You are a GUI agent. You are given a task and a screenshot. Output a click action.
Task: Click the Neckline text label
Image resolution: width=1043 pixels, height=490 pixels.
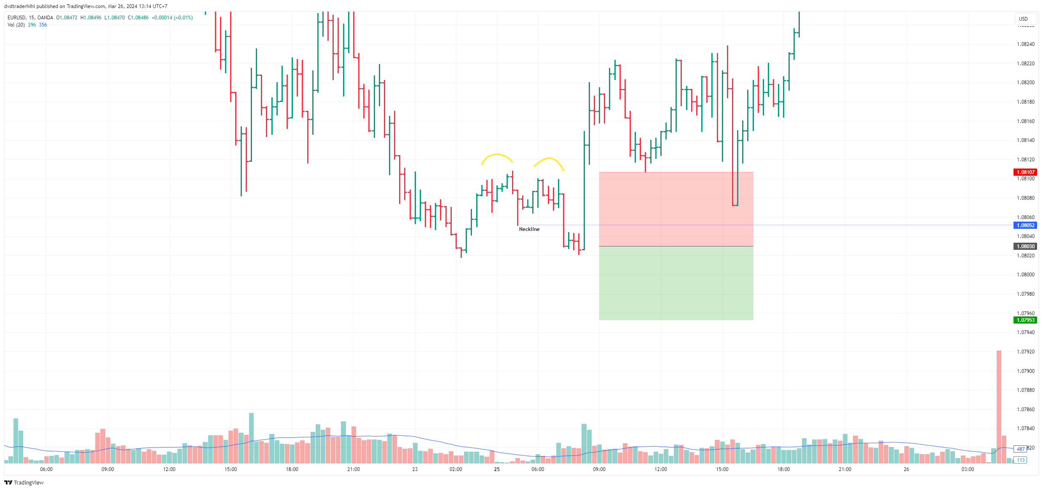click(x=529, y=229)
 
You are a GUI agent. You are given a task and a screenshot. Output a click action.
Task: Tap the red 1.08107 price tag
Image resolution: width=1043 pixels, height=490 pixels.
click(x=1025, y=172)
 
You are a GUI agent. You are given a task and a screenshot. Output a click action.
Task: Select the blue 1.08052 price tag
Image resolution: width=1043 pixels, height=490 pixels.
click(x=1025, y=225)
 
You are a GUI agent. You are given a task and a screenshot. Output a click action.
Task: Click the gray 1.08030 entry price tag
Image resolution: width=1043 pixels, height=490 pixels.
click(x=1025, y=246)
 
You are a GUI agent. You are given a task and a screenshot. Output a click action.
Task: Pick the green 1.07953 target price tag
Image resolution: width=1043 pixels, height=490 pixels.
click(x=1025, y=320)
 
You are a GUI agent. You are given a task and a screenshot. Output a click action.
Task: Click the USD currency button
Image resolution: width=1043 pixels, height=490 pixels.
click(x=1023, y=19)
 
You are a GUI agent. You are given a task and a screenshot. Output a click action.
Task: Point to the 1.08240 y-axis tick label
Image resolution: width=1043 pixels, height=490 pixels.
click(x=1025, y=44)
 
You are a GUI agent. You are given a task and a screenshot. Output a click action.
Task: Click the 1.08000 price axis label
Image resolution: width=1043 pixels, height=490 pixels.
click(x=1025, y=275)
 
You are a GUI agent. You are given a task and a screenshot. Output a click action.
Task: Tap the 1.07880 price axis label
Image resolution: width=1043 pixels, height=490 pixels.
click(x=1025, y=390)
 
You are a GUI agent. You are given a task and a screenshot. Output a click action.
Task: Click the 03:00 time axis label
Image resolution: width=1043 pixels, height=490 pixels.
click(x=968, y=469)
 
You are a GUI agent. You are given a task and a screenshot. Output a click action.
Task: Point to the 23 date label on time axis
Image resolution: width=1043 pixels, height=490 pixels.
click(x=415, y=469)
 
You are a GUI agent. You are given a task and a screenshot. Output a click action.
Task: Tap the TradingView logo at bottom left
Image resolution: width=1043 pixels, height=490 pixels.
click(x=24, y=482)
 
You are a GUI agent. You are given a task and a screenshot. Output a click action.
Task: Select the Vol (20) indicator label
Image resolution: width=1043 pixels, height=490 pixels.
click(x=16, y=25)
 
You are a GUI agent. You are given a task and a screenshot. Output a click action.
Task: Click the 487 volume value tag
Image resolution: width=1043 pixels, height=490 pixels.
click(x=1020, y=449)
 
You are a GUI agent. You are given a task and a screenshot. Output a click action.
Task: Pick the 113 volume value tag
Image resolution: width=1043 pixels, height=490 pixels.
click(x=1020, y=460)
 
